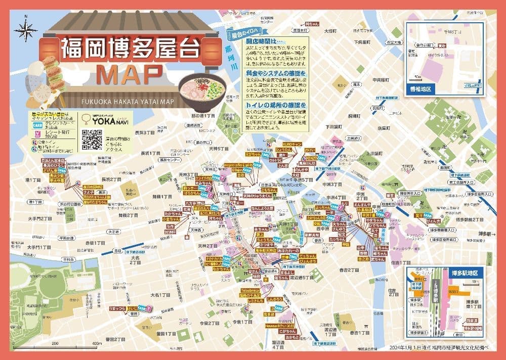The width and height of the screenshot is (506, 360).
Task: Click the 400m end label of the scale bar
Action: coord(96,344)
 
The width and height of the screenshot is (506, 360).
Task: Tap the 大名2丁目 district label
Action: coord(135,260)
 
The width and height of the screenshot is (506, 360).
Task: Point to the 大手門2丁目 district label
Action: coord(40,219)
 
